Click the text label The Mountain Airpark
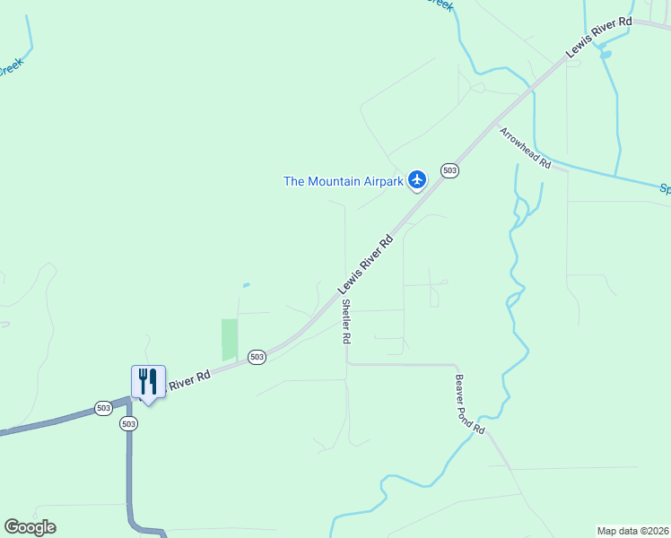click(344, 181)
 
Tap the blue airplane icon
click(417, 180)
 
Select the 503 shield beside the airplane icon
click(449, 170)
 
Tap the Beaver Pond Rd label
click(469, 404)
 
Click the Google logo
click(30, 527)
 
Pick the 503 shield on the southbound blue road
click(128, 423)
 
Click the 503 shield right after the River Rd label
click(257, 356)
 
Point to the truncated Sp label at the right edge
click(665, 189)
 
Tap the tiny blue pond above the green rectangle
click(246, 285)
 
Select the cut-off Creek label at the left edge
click(8, 68)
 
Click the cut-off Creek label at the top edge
click(440, 5)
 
